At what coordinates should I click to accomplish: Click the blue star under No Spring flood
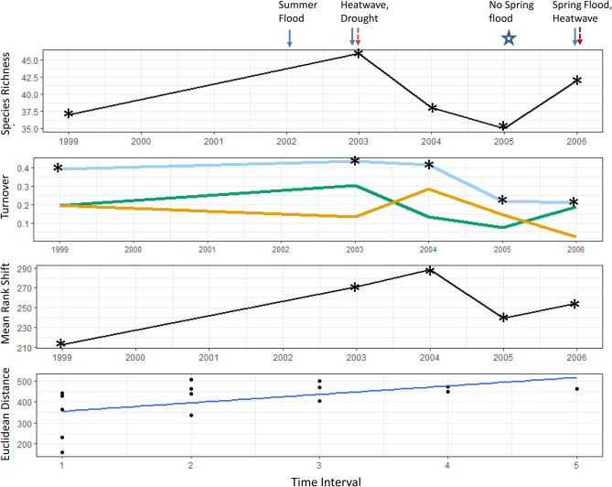pyautogui.click(x=510, y=38)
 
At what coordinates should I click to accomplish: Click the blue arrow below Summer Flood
pyautogui.click(x=290, y=38)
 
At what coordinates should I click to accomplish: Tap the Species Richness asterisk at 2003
pyautogui.click(x=359, y=53)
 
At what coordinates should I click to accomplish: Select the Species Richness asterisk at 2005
pyautogui.click(x=503, y=127)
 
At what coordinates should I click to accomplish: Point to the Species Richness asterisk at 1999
pyautogui.click(x=68, y=114)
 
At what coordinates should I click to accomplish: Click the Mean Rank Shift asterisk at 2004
pyautogui.click(x=429, y=271)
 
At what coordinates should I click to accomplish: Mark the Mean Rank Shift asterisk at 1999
pyautogui.click(x=60, y=344)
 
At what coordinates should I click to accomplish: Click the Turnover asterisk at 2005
pyautogui.click(x=502, y=200)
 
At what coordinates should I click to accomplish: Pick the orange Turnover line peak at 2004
pyautogui.click(x=429, y=189)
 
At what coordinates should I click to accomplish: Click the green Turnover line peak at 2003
pyautogui.click(x=356, y=186)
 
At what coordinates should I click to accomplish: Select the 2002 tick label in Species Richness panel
pyautogui.click(x=286, y=143)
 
